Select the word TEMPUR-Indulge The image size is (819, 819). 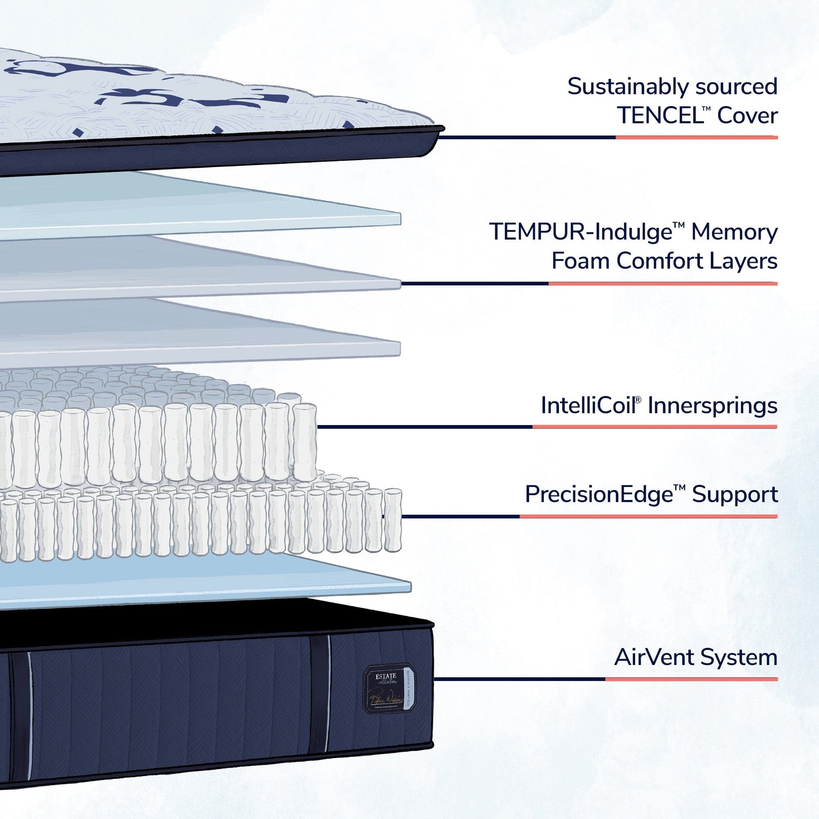(581, 232)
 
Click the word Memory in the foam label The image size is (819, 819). (734, 233)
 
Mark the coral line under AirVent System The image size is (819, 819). (691, 680)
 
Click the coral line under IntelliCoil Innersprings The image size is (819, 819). (654, 427)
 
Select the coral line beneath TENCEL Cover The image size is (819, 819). (697, 137)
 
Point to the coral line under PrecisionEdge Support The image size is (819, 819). (649, 516)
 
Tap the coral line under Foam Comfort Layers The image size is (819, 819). (662, 284)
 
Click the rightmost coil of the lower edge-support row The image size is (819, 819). (393, 520)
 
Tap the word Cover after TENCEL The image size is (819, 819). (747, 116)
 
